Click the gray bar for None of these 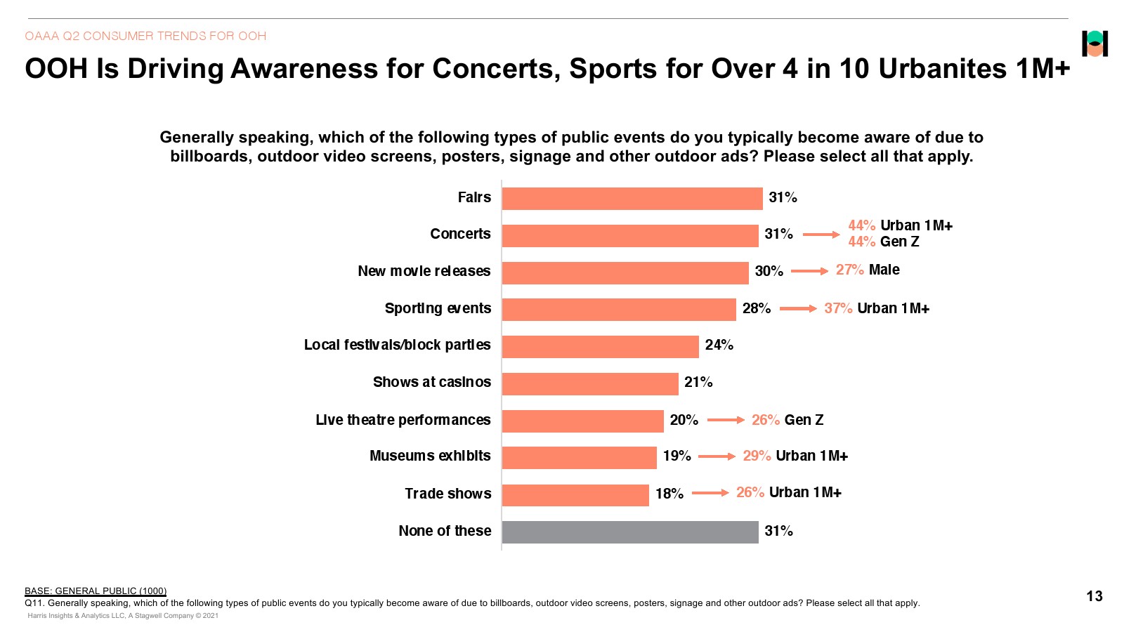pyautogui.click(x=630, y=532)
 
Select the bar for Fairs pyautogui.click(x=632, y=198)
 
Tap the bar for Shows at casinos pyautogui.click(x=590, y=383)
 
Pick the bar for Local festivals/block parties pyautogui.click(x=600, y=346)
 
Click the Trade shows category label pyautogui.click(x=447, y=494)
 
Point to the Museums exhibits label pyautogui.click(x=430, y=456)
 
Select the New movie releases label pyautogui.click(x=424, y=271)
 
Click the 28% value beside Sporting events pyautogui.click(x=757, y=308)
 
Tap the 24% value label pyautogui.click(x=719, y=345)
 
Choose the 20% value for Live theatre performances pyautogui.click(x=684, y=420)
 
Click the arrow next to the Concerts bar pyautogui.click(x=821, y=235)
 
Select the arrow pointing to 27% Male pyautogui.click(x=809, y=271)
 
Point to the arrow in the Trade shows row pyautogui.click(x=710, y=493)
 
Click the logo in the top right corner pyautogui.click(x=1094, y=44)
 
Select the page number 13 pyautogui.click(x=1094, y=596)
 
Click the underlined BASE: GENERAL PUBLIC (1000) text pyautogui.click(x=96, y=591)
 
